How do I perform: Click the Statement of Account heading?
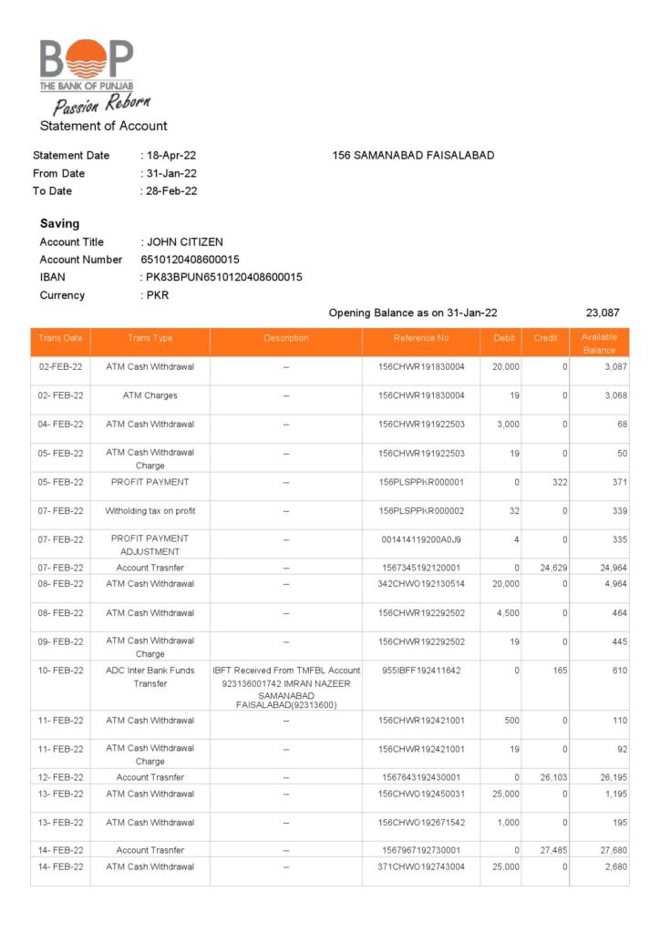(x=103, y=126)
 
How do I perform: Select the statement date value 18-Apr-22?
(x=171, y=156)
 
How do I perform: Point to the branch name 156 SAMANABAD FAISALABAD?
(x=413, y=156)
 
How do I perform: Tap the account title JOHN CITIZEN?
(x=184, y=242)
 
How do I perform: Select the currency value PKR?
(x=158, y=295)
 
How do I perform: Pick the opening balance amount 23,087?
(x=602, y=313)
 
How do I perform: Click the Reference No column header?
(x=421, y=338)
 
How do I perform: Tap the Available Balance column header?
(x=599, y=343)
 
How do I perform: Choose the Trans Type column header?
(x=150, y=338)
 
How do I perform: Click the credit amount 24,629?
(x=553, y=567)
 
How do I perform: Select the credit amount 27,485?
(x=553, y=850)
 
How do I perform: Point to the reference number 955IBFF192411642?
(x=421, y=671)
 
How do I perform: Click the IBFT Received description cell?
(x=286, y=687)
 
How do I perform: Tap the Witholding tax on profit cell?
(x=150, y=511)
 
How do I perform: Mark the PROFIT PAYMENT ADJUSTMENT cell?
(x=150, y=545)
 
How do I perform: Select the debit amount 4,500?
(x=506, y=613)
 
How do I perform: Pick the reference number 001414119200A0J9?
(x=421, y=539)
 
